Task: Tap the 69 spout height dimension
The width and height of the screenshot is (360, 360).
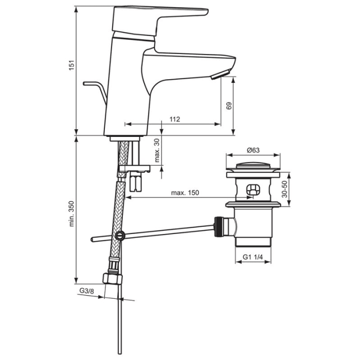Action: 229,105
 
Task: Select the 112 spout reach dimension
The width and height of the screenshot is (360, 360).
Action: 174,119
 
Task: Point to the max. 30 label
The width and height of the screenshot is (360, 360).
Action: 157,150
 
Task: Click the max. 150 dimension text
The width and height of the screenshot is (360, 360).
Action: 185,193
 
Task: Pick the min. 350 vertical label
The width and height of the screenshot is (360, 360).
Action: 71,213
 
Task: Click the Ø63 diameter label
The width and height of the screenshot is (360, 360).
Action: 254,150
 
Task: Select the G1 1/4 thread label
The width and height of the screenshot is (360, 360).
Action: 253,257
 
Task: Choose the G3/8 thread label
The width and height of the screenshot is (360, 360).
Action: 86,292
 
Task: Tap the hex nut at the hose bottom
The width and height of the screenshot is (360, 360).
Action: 113,278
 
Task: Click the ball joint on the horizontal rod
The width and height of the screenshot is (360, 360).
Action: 120,236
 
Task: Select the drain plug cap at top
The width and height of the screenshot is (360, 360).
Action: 253,167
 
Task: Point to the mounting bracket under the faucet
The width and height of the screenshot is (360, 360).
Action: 134,168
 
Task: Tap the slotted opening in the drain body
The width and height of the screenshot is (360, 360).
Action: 253,189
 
